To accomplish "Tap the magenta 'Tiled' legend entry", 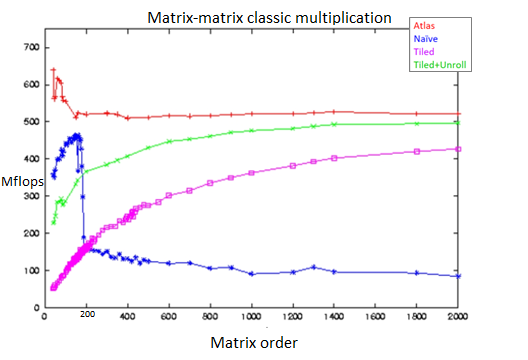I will pyautogui.click(x=425, y=53).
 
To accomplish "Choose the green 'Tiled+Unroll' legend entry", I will pyautogui.click(x=441, y=65).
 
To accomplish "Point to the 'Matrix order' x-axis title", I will pyautogui.click(x=254, y=342).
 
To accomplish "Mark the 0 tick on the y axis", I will pyautogui.click(x=33, y=308).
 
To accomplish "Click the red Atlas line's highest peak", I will pyautogui.click(x=53, y=69).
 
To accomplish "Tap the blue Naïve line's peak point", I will pyautogui.click(x=77, y=134).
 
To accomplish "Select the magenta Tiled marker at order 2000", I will pyautogui.click(x=458, y=149).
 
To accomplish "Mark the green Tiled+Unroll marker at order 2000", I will pyautogui.click(x=458, y=123).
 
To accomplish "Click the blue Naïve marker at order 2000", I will pyautogui.click(x=458, y=276).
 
